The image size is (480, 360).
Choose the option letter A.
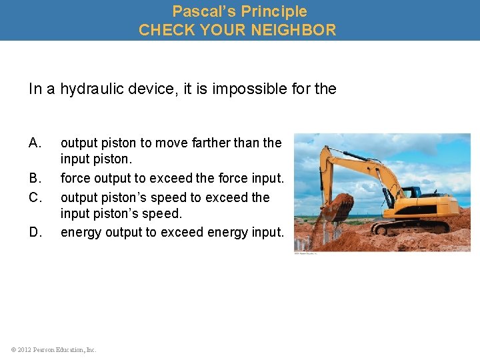[35, 143]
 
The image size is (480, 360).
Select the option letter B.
[35, 179]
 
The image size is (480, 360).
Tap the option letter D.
[35, 232]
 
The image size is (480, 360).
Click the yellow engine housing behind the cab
[440, 203]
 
